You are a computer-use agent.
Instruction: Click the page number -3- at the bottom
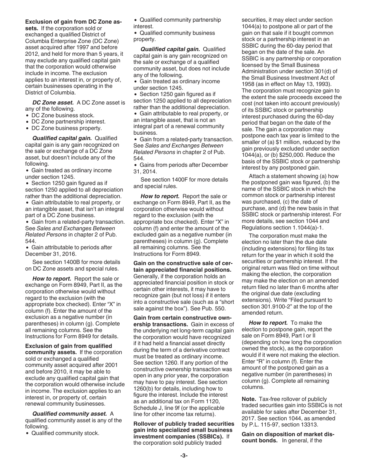184,455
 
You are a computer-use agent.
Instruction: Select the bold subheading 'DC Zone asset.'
53,103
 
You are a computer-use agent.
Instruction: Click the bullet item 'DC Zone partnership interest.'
68,122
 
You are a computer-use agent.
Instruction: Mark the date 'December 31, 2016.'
51,254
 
